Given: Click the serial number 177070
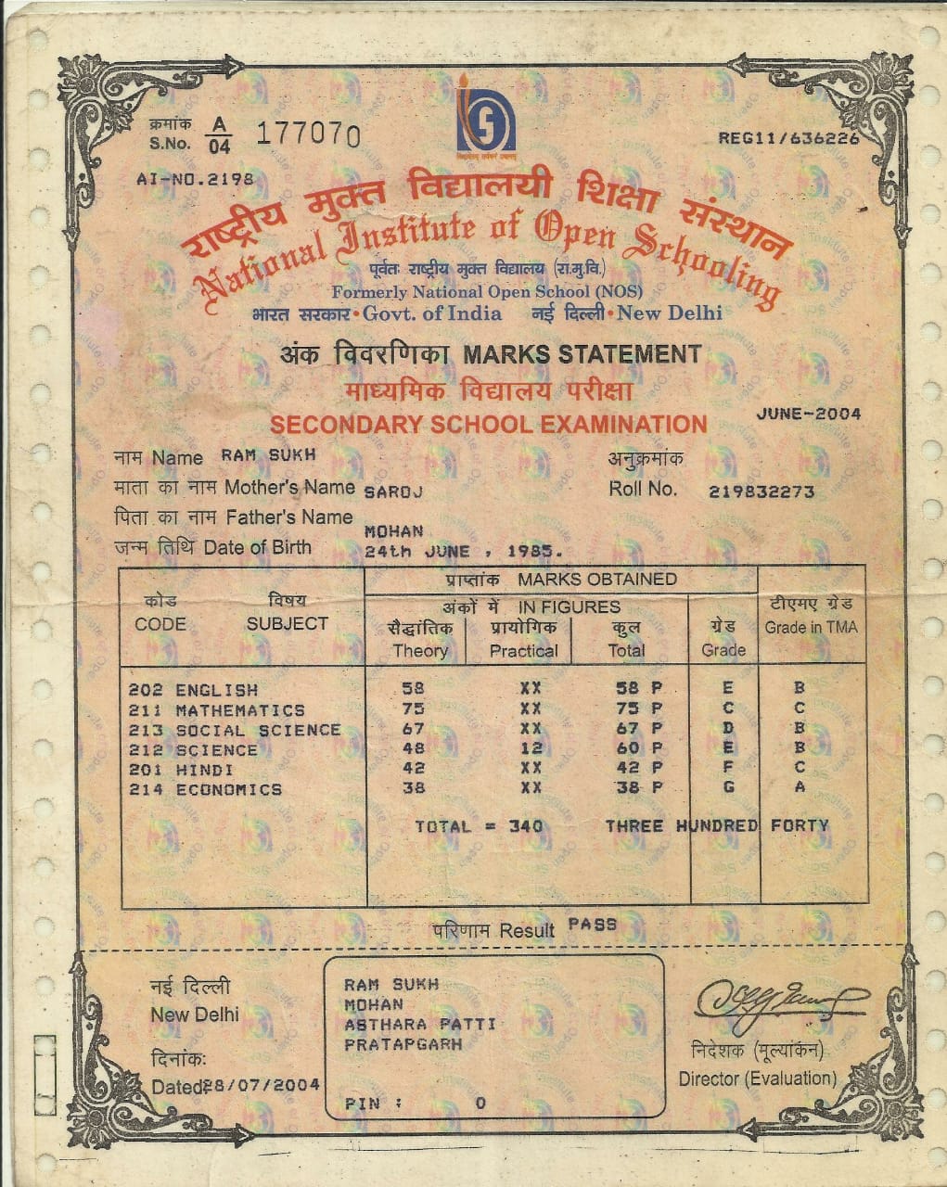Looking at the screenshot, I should [307, 134].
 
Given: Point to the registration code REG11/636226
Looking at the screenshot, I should [788, 138].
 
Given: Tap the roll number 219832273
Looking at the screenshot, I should [761, 491].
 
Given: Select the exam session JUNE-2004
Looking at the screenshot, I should [809, 415].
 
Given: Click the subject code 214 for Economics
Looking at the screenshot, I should [145, 789].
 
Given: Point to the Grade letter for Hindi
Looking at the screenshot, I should [728, 769].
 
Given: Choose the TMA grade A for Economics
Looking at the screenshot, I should [800, 787].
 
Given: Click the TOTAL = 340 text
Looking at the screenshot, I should [479, 826].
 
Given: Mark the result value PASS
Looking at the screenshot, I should [592, 925].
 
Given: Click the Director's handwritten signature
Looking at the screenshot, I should [777, 1002].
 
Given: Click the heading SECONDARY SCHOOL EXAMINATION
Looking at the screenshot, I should [488, 425].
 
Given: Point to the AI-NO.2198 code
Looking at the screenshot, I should [194, 180].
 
